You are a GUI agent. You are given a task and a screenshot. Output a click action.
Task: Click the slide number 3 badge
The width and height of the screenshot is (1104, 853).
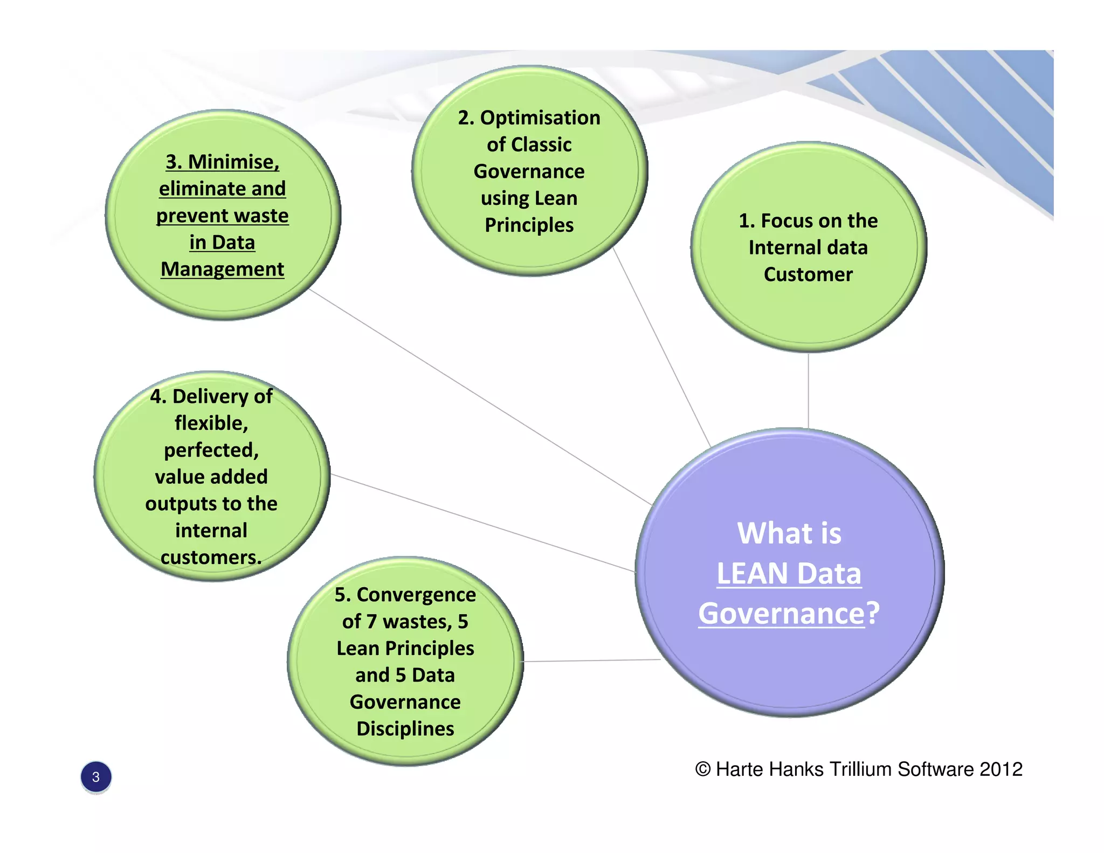pyautogui.click(x=96, y=777)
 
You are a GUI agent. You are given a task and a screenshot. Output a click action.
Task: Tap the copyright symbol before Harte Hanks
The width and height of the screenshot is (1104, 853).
pyautogui.click(x=702, y=769)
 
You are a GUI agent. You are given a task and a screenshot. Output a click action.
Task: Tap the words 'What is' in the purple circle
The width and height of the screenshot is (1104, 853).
pyautogui.click(x=789, y=533)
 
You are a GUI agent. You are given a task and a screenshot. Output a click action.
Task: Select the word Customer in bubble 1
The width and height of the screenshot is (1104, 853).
pyautogui.click(x=808, y=274)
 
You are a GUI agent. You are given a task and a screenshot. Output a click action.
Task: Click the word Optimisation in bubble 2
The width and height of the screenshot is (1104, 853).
pyautogui.click(x=540, y=118)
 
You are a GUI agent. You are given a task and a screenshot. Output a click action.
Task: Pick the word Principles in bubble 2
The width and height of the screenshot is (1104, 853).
pyautogui.click(x=529, y=225)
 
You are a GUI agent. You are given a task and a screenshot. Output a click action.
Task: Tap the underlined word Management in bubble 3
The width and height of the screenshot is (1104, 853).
pyautogui.click(x=222, y=269)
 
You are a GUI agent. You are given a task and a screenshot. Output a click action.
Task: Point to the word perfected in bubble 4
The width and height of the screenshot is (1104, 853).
pyautogui.click(x=211, y=450)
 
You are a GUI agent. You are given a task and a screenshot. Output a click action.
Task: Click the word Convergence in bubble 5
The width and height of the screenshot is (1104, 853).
pyautogui.click(x=416, y=595)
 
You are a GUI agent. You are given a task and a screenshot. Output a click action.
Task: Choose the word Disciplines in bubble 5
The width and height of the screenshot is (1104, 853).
pyautogui.click(x=405, y=729)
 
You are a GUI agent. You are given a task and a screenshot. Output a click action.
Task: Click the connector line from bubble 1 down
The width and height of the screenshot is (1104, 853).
pyautogui.click(x=808, y=391)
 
